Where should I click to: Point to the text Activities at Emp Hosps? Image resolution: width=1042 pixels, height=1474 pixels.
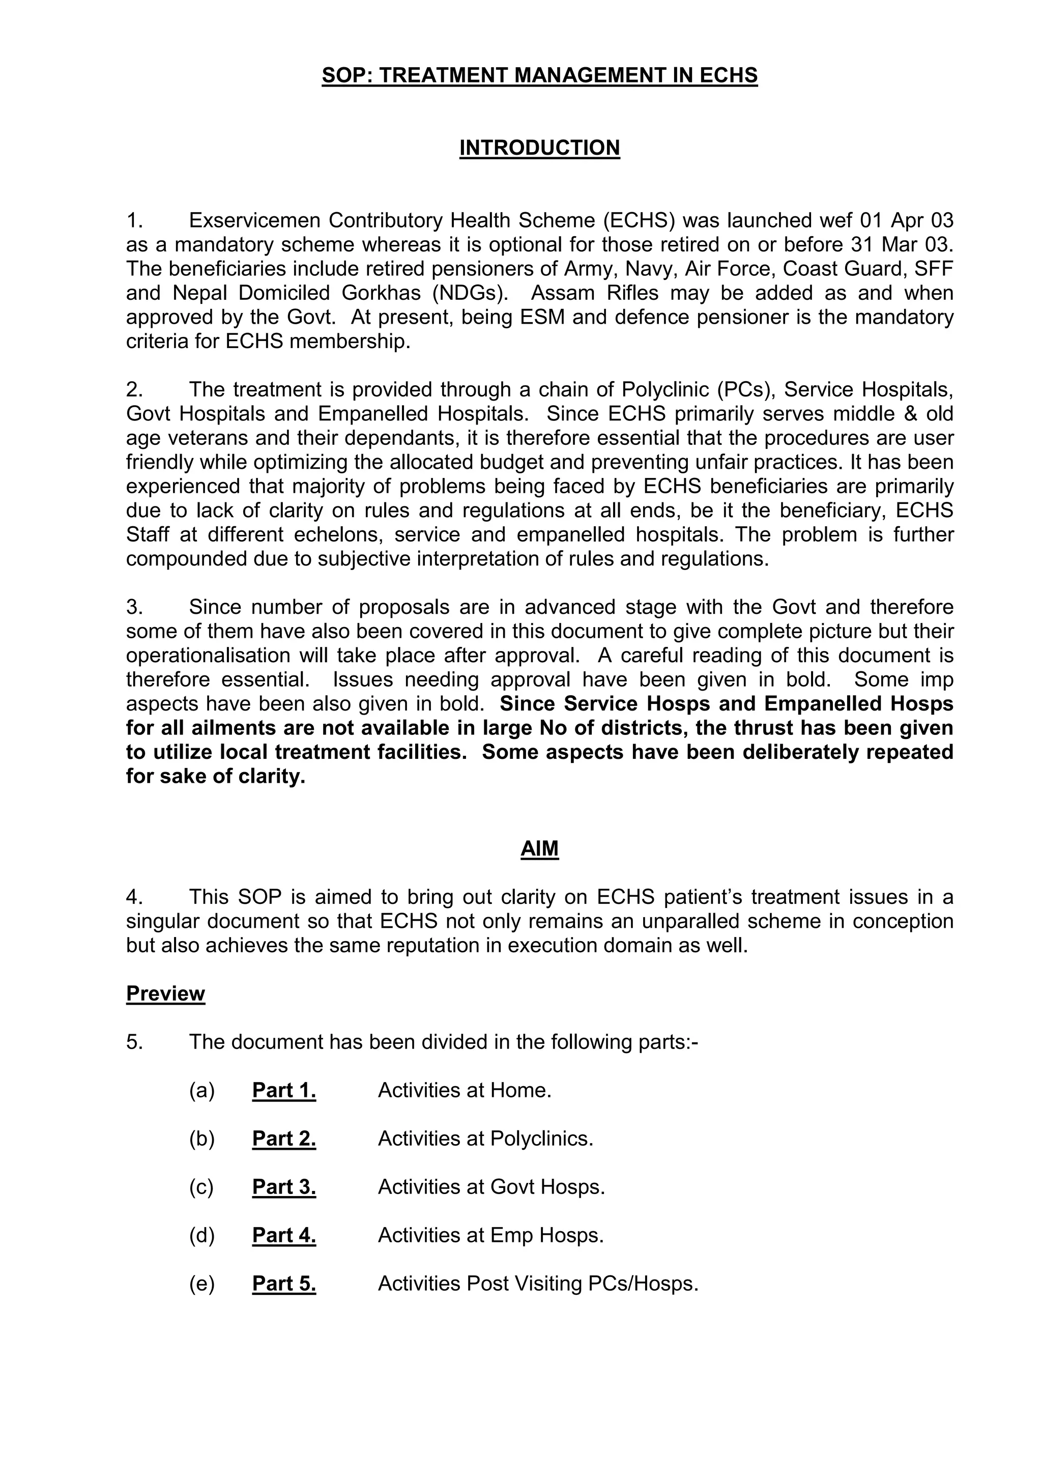click(x=491, y=1235)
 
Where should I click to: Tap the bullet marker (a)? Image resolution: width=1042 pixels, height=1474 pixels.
click(x=201, y=1090)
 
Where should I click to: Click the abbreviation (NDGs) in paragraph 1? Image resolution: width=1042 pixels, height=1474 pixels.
click(x=470, y=293)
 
